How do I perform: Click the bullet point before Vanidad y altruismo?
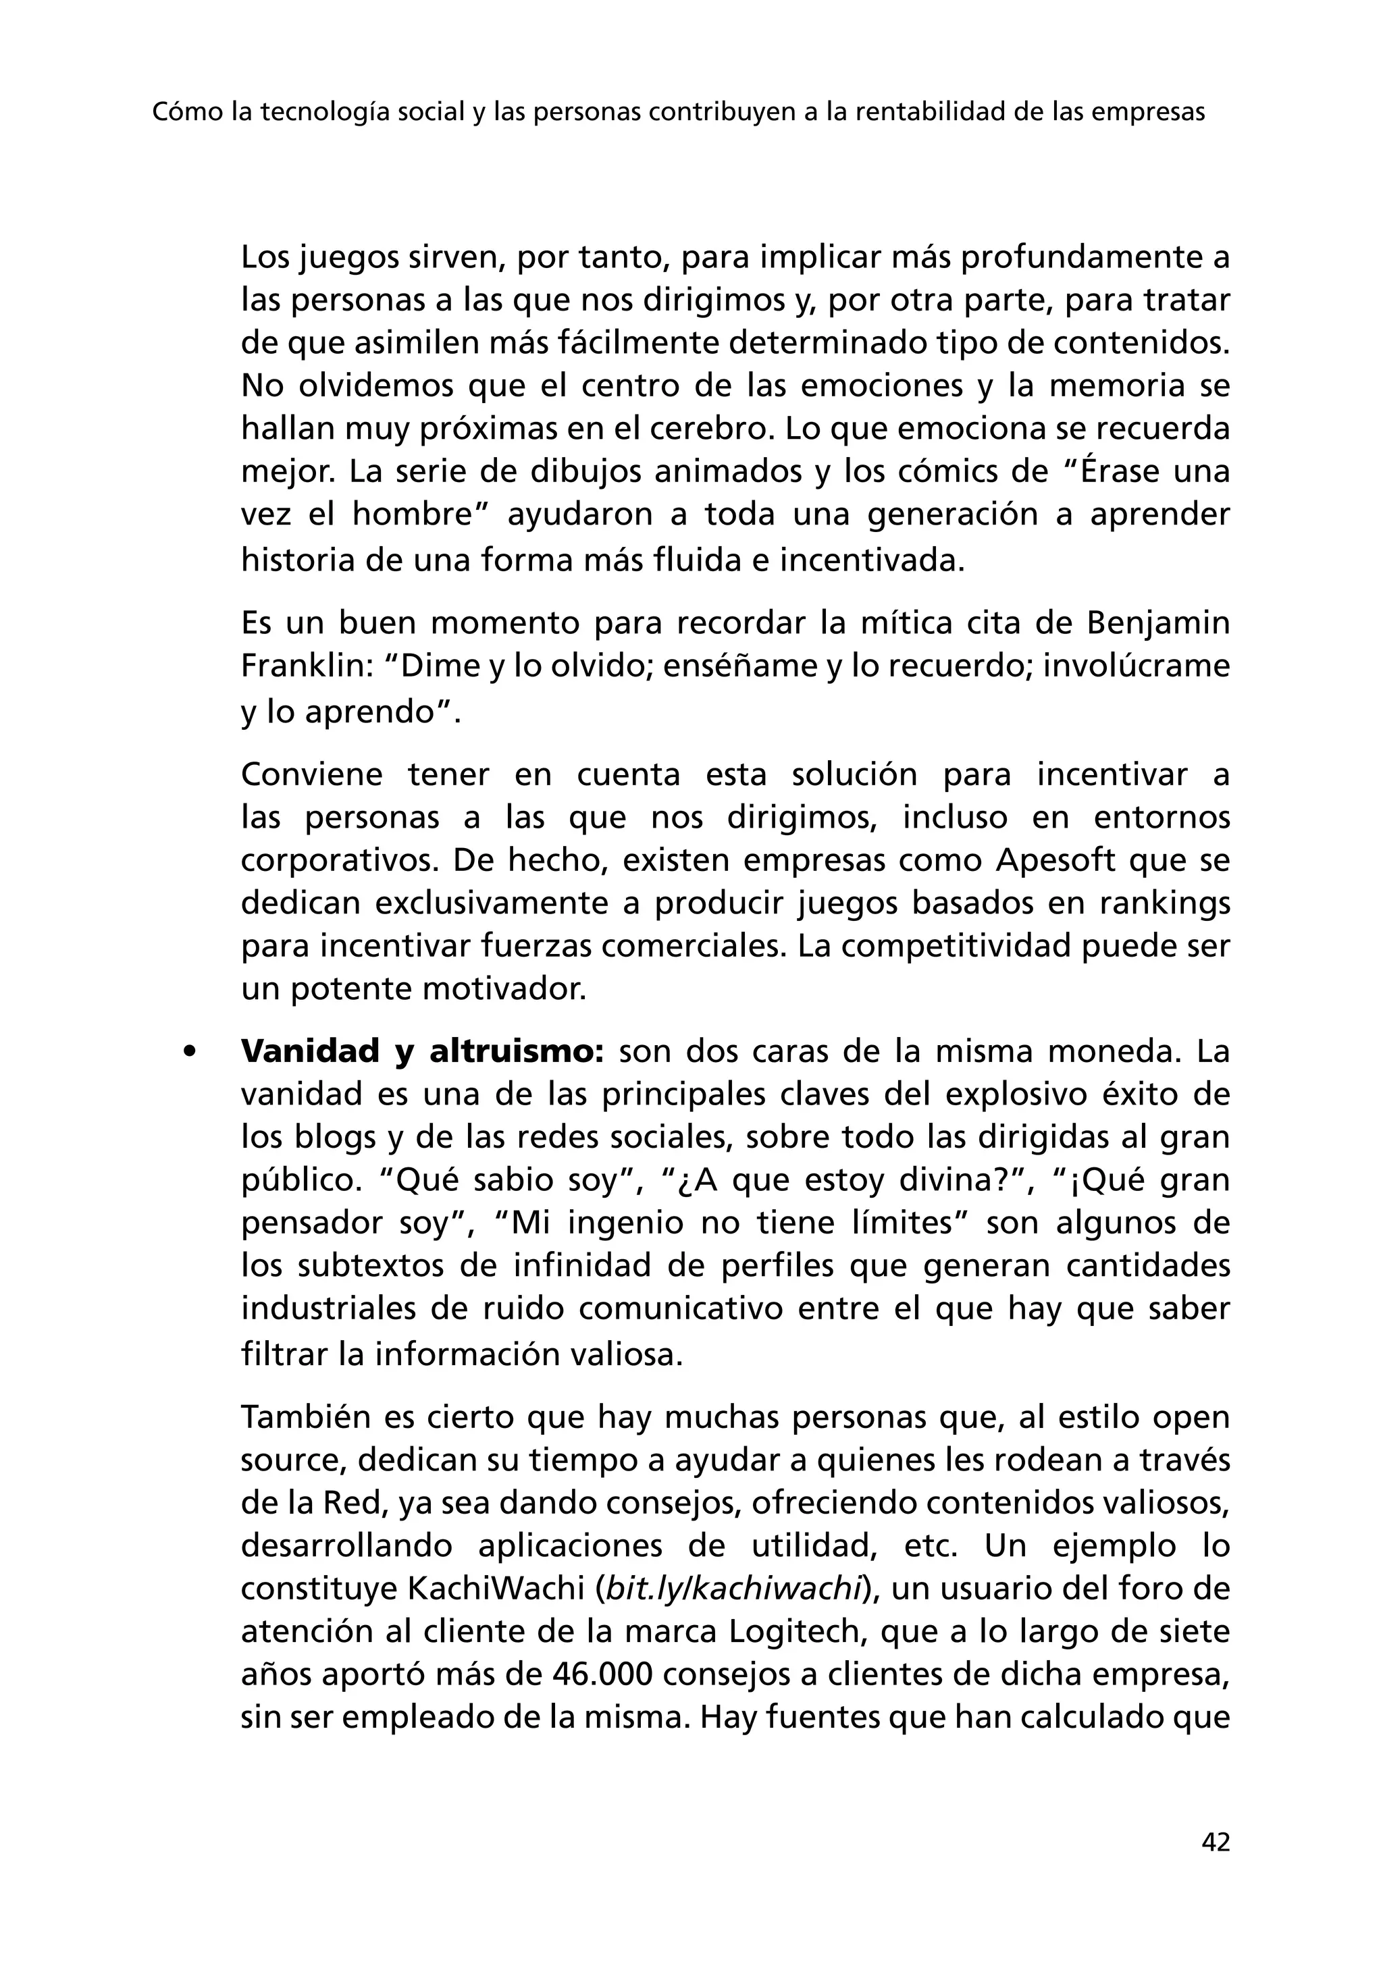pos(190,1052)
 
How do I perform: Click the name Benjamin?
pos(1157,623)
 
